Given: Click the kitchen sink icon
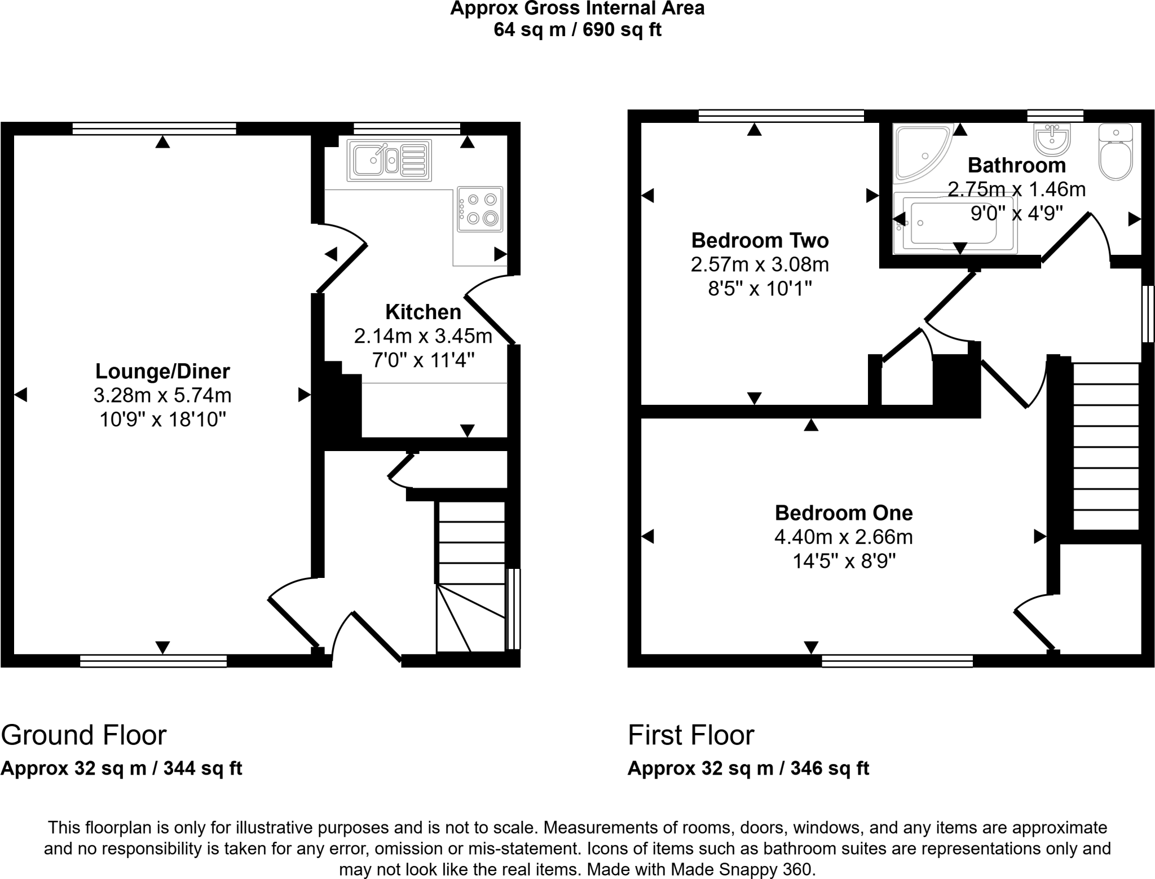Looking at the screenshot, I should click(389, 160).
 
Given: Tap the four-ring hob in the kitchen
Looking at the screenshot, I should click(480, 209).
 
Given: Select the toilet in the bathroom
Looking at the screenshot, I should click(1116, 152).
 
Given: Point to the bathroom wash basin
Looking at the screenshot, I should click(1052, 139).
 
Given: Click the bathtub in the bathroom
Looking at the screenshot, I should click(955, 224).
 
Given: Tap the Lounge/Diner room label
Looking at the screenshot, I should click(162, 372).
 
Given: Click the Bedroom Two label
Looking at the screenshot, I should click(760, 241).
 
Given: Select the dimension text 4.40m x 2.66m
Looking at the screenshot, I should click(843, 537).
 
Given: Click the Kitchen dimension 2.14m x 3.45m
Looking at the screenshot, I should click(423, 337).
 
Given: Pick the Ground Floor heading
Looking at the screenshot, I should click(83, 735).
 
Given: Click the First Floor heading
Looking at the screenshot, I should click(691, 735).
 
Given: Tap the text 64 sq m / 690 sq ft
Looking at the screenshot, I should click(577, 29).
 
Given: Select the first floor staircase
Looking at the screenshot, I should click(1105, 445).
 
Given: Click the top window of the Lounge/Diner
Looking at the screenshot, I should click(154, 129).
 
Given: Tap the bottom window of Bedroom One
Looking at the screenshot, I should click(897, 661).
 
